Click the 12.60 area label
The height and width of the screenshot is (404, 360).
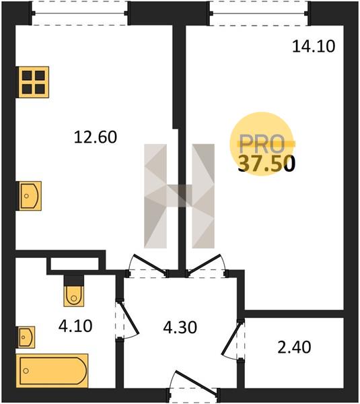[x=96, y=137]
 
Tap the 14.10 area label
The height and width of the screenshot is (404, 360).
[x=314, y=46]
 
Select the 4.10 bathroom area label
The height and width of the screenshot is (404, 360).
[x=75, y=326]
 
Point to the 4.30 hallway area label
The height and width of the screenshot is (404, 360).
[x=180, y=327]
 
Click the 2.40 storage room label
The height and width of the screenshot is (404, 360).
[x=294, y=347]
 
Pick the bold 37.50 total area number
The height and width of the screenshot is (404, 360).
[x=266, y=164]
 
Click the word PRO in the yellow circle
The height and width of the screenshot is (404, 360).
[x=262, y=144]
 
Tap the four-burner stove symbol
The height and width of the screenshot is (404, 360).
[x=33, y=82]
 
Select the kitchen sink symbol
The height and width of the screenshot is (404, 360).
[x=29, y=196]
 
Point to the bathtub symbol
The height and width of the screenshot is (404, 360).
[x=52, y=370]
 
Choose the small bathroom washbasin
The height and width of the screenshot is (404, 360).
[x=26, y=337]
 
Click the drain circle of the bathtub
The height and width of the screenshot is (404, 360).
[x=26, y=371]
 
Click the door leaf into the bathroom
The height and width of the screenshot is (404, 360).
[x=131, y=318]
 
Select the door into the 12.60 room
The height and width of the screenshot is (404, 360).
[x=149, y=263]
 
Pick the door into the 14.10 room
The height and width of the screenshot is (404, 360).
[x=204, y=263]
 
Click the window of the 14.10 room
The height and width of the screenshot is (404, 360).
[x=258, y=13]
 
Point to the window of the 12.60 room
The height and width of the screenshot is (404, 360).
[x=80, y=13]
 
